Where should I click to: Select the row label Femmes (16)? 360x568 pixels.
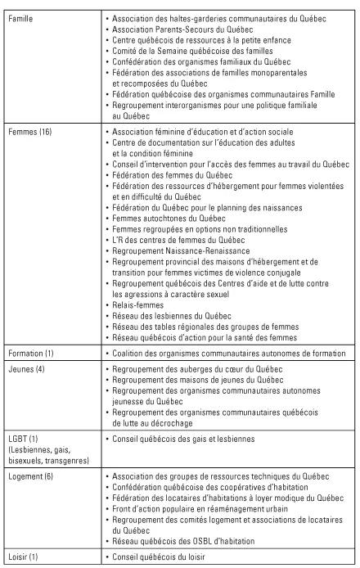[x=29, y=132]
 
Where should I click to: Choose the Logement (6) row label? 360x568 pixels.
[x=32, y=476]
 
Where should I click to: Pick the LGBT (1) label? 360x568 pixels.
[x=25, y=440]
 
